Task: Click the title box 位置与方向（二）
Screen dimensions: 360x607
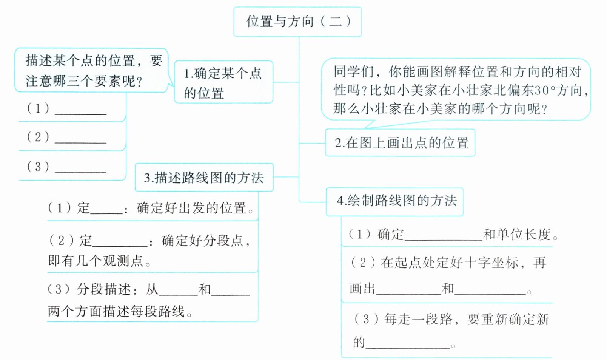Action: [x=297, y=22]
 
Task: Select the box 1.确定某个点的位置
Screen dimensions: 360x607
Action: [x=223, y=82]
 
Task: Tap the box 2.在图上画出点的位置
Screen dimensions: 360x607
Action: [x=400, y=143]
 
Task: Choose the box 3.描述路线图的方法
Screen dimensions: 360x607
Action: [x=204, y=177]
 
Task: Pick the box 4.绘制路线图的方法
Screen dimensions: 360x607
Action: [x=394, y=201]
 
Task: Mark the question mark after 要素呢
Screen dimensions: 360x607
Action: [x=139, y=81]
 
